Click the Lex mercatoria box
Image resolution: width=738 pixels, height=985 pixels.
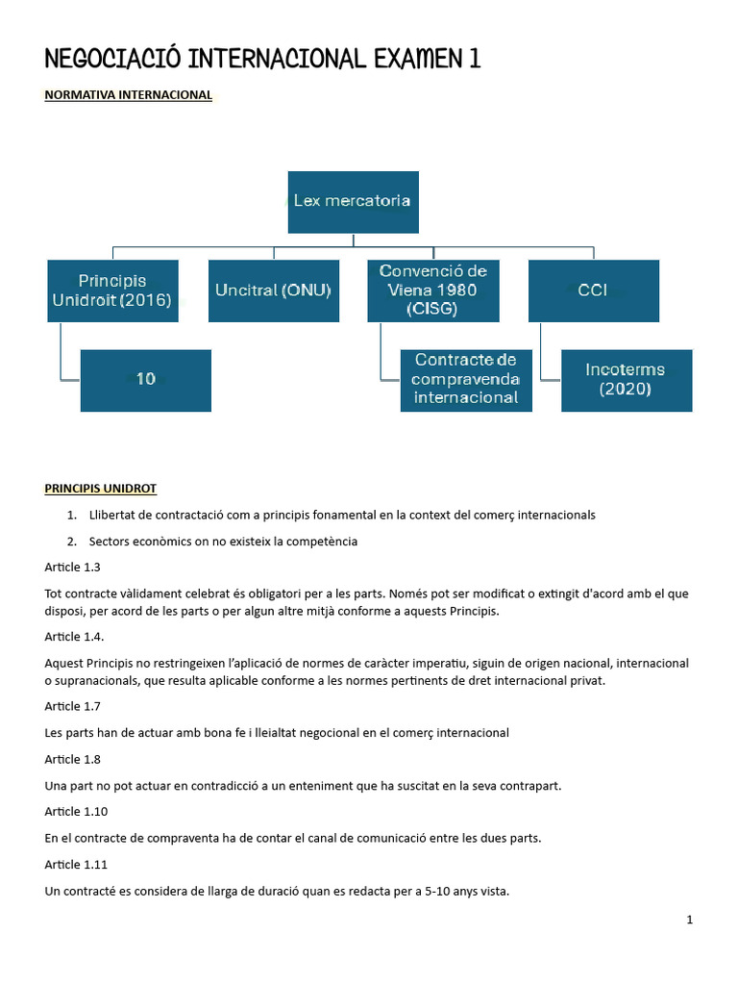click(353, 202)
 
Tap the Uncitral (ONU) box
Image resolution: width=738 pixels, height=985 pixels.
click(273, 290)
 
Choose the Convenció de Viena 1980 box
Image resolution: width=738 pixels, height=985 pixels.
click(433, 290)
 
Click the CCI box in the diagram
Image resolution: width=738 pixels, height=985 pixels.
click(593, 290)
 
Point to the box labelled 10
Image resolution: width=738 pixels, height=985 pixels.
click(145, 380)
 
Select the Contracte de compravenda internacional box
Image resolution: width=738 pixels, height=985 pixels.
click(466, 380)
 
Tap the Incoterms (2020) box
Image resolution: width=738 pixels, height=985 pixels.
click(627, 380)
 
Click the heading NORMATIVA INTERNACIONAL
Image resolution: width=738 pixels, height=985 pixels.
click(128, 95)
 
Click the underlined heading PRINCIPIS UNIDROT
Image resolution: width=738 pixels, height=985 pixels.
click(101, 489)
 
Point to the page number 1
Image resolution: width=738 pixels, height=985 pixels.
click(689, 921)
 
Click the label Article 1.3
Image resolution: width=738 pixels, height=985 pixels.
click(72, 568)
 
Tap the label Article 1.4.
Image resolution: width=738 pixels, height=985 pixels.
click(74, 637)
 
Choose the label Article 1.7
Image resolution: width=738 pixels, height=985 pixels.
click(72, 707)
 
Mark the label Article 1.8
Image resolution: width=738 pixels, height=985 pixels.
click(72, 760)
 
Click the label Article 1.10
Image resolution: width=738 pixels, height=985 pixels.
click(76, 812)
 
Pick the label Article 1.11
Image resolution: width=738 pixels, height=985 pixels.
click(76, 865)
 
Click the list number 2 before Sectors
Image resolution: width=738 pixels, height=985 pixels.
click(71, 542)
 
